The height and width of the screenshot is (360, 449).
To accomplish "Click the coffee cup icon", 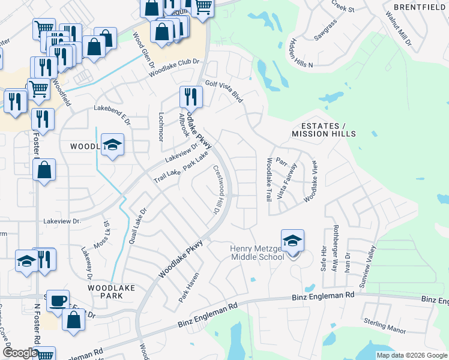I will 58,301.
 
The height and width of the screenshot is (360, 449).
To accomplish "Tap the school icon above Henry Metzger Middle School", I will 292,241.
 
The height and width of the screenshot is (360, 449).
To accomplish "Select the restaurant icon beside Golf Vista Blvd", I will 191,97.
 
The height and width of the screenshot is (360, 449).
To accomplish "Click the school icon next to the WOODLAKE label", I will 112,145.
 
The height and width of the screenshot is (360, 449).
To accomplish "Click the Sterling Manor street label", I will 385,326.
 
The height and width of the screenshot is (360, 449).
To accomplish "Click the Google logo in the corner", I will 20,353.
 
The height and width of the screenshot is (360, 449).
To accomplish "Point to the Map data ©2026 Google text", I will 411,355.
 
